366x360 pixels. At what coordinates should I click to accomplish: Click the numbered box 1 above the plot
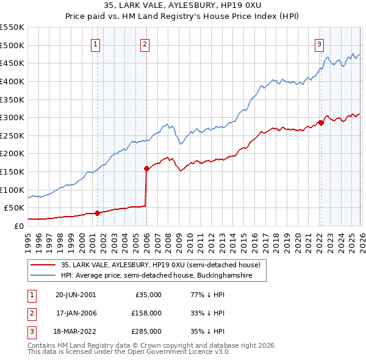point(97,43)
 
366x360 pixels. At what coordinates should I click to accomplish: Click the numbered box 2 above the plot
point(145,43)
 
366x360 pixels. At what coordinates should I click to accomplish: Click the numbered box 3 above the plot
point(319,43)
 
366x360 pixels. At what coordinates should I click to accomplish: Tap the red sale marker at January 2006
point(146,168)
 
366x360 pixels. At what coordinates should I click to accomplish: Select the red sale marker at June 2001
point(97,213)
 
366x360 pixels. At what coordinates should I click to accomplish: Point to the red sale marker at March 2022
point(321,123)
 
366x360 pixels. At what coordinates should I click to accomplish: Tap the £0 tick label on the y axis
point(18,226)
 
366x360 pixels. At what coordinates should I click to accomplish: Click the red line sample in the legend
point(43,265)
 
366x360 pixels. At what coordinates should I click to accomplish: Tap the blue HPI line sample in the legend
point(43,276)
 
